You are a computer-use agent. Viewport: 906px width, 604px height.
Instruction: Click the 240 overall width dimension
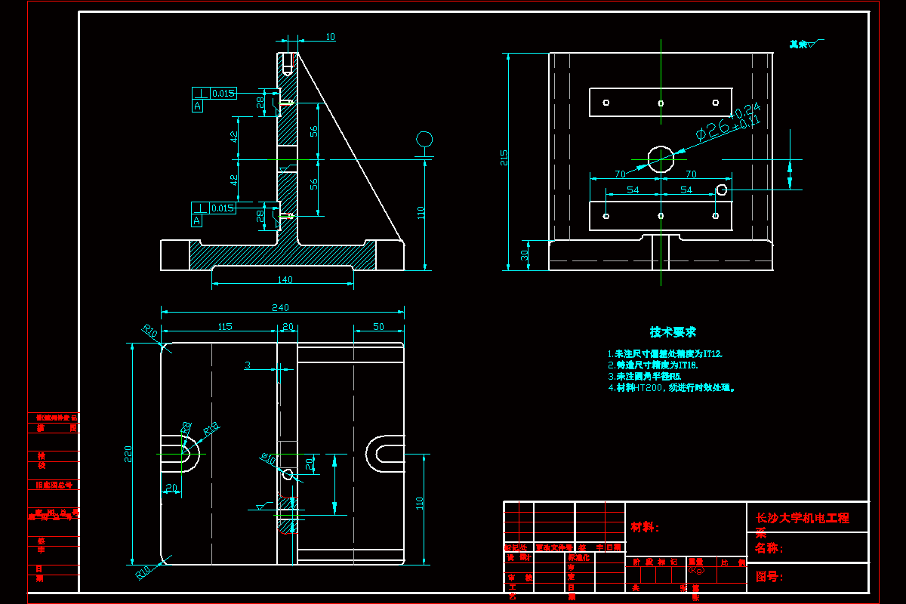(x=281, y=308)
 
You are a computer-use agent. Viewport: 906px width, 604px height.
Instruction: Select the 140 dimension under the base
(x=285, y=280)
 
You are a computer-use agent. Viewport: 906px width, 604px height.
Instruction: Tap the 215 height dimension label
(x=504, y=157)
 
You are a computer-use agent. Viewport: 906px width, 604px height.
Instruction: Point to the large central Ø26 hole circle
(x=661, y=159)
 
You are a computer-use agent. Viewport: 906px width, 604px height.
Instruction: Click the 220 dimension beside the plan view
(x=128, y=453)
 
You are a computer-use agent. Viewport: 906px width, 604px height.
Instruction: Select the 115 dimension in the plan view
(x=225, y=327)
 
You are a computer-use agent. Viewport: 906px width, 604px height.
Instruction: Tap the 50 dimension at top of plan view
(x=378, y=327)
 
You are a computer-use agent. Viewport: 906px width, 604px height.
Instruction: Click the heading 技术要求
(x=673, y=332)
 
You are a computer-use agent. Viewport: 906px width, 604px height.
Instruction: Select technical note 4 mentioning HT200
(x=671, y=388)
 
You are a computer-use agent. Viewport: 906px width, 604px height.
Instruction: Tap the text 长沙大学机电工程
(x=802, y=518)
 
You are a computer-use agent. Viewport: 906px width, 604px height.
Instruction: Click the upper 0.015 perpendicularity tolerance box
(x=223, y=94)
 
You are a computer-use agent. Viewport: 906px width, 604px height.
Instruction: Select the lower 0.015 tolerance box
(x=223, y=208)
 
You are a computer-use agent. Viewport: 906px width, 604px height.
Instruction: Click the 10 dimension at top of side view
(x=331, y=37)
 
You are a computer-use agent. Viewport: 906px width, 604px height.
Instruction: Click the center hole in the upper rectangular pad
(x=661, y=103)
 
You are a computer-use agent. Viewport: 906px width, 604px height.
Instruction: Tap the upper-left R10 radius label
(x=149, y=331)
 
